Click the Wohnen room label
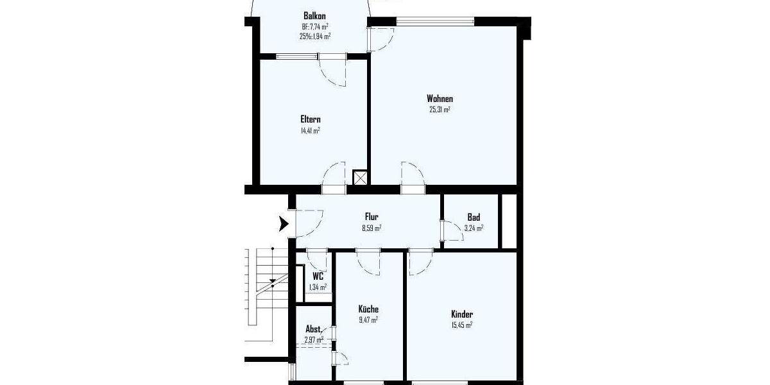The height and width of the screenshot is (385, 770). click(x=440, y=99)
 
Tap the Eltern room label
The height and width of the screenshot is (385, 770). click(x=311, y=119)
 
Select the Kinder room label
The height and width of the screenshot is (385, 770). click(x=462, y=314)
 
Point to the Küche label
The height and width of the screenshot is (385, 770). click(x=368, y=309)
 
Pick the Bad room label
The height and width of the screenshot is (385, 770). click(x=474, y=218)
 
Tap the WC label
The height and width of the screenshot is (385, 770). click(x=318, y=277)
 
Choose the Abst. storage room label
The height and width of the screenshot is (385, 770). click(x=313, y=329)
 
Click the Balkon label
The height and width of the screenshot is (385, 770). click(x=315, y=16)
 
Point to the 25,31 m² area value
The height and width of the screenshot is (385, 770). click(x=440, y=110)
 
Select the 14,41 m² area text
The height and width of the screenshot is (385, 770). click(x=311, y=130)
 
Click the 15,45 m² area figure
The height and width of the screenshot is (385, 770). click(x=462, y=325)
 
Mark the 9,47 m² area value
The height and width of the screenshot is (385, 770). click(x=368, y=320)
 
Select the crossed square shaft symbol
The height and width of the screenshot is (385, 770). click(x=361, y=178)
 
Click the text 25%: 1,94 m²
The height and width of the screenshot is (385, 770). click(x=315, y=37)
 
